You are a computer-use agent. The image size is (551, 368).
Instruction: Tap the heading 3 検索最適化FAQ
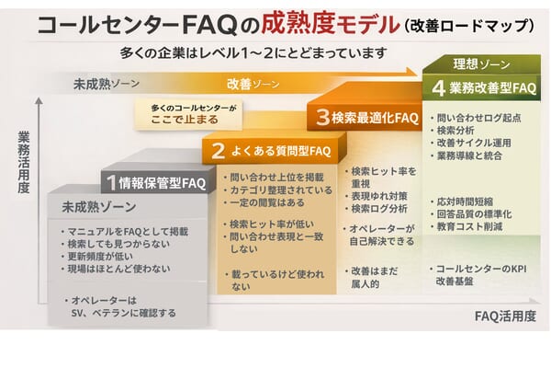pos(366,118)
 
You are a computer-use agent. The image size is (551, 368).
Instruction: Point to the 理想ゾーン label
pos(482,63)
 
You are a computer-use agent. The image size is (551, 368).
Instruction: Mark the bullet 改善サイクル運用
pos(475,145)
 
